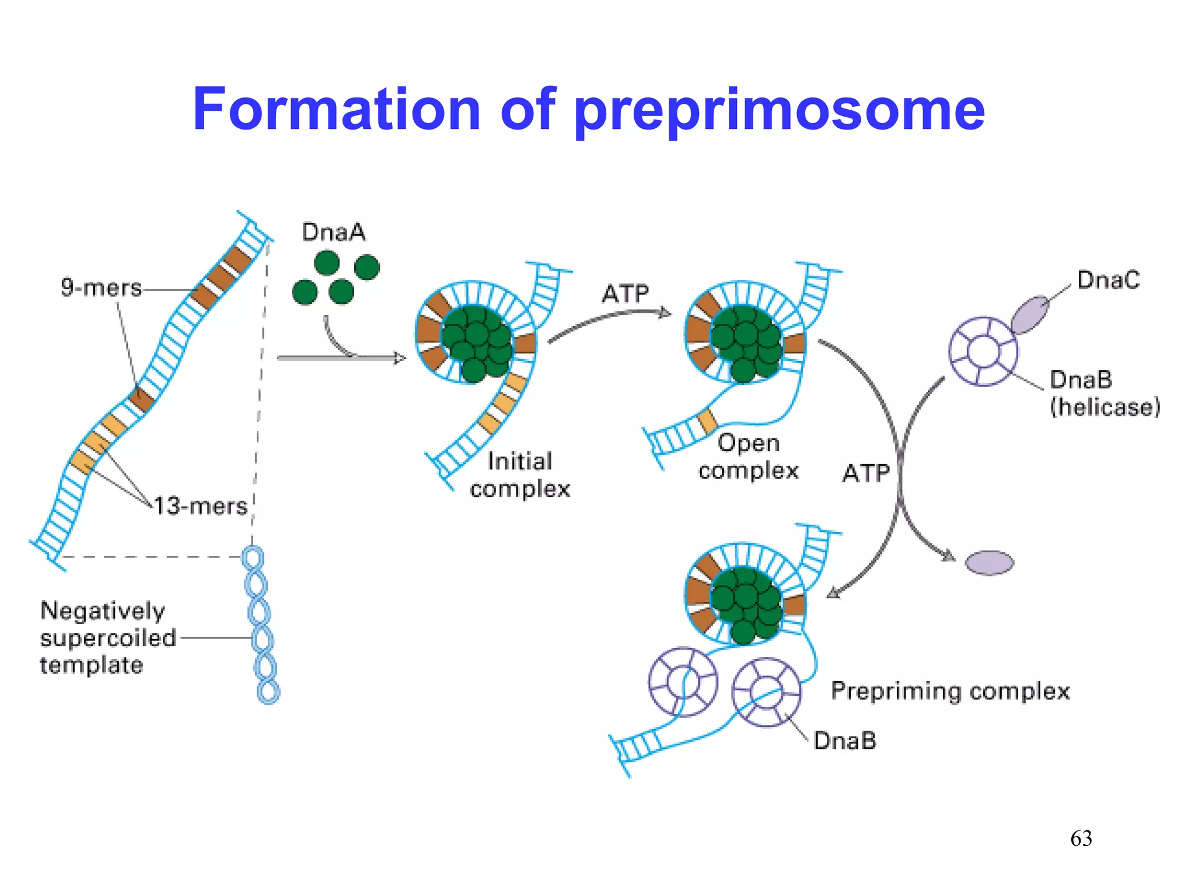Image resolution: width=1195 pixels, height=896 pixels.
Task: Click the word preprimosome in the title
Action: click(x=780, y=111)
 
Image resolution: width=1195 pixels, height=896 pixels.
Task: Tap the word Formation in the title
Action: click(x=336, y=110)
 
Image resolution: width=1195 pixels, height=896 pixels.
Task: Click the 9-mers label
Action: click(x=101, y=288)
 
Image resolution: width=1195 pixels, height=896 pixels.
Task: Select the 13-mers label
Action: click(x=201, y=506)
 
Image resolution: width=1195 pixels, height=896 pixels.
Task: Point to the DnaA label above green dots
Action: click(x=333, y=232)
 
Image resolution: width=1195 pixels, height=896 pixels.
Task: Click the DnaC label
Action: click(x=1107, y=280)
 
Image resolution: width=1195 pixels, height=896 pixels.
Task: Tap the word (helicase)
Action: click(x=1105, y=407)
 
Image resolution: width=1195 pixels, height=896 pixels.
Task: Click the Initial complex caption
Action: click(x=520, y=475)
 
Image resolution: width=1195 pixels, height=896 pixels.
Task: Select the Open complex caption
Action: click(x=749, y=457)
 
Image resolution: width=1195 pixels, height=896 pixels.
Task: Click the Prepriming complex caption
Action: click(x=950, y=691)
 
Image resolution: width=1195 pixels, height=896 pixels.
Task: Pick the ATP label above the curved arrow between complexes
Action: click(x=625, y=293)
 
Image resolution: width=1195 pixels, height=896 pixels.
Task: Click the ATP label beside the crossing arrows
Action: click(x=865, y=473)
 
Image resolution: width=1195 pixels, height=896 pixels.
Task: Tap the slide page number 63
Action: click(x=1081, y=838)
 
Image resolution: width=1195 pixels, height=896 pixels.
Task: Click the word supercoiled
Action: click(x=108, y=638)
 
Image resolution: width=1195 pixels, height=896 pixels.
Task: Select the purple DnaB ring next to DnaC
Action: click(x=983, y=351)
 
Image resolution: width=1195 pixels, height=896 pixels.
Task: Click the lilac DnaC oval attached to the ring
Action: click(x=1030, y=314)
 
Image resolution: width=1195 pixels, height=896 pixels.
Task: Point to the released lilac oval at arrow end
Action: click(x=989, y=563)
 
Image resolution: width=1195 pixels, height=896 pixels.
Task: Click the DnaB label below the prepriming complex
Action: click(x=844, y=741)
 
